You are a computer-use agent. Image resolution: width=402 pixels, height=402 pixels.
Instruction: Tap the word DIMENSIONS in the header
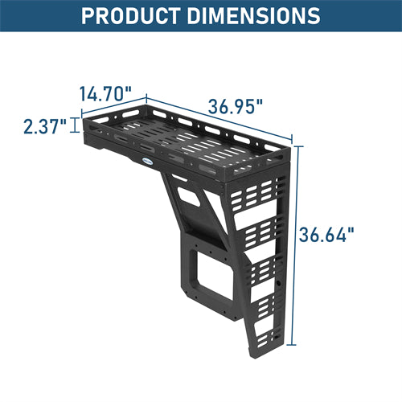256,15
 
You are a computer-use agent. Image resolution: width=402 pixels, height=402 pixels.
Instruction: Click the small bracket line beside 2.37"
76,124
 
